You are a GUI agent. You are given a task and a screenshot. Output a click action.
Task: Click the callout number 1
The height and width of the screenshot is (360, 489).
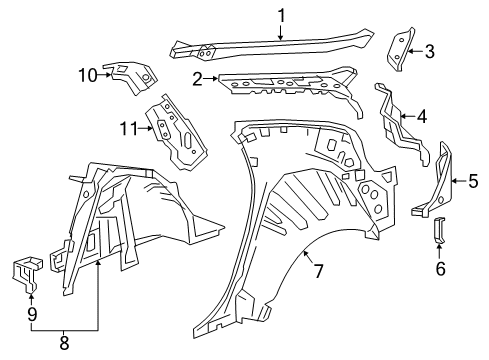pos(281,14)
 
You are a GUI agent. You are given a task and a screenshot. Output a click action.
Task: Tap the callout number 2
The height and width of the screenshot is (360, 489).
pos(197,78)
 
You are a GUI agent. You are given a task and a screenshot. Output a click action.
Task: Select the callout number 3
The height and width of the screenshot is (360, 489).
pos(429,51)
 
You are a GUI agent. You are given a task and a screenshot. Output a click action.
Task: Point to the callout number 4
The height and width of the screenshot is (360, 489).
pos(422,117)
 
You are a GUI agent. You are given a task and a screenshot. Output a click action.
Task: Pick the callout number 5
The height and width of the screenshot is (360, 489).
pos(473,181)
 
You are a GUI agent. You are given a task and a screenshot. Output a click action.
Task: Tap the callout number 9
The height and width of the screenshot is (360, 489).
pos(30,312)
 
